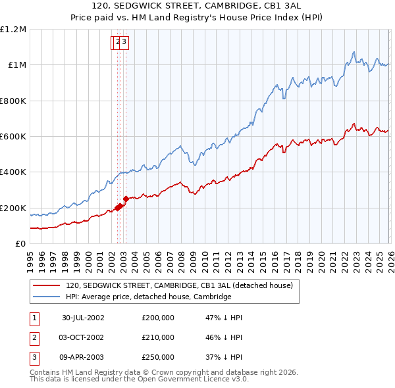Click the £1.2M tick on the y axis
point(13,29)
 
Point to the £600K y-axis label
point(13,136)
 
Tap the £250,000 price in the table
point(158,358)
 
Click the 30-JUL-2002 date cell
point(83,318)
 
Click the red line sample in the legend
point(46,285)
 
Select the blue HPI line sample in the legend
point(46,297)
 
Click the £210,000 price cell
point(158,338)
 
